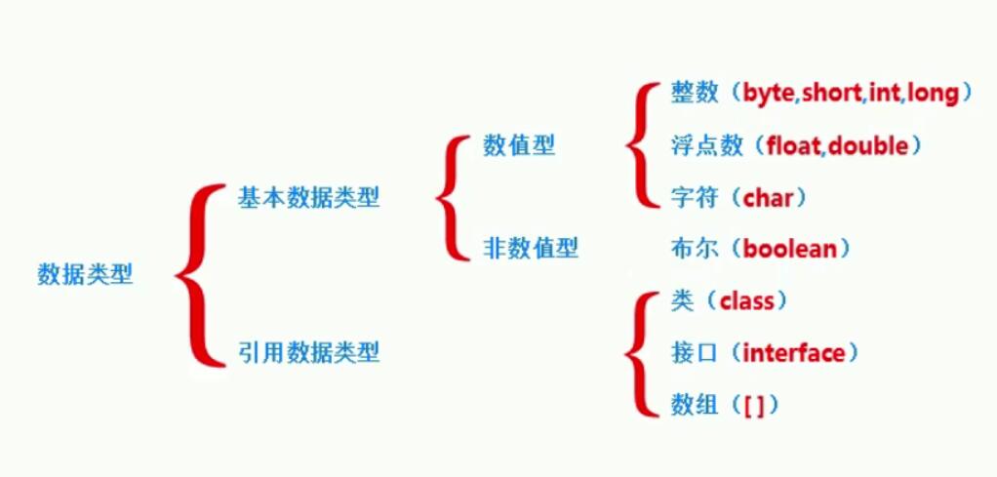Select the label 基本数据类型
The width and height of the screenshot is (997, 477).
pyautogui.click(x=308, y=198)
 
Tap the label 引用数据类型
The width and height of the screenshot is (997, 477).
pyautogui.click(x=308, y=352)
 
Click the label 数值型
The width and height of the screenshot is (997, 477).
pyautogui.click(x=519, y=146)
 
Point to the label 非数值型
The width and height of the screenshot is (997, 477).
pyautogui.click(x=531, y=249)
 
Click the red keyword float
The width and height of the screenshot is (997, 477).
pyautogui.click(x=795, y=146)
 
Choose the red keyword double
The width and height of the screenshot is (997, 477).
pyautogui.click(x=867, y=146)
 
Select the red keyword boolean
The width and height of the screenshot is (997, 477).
pyautogui.click(x=790, y=249)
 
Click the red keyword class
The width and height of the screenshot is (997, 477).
pyautogui.click(x=746, y=301)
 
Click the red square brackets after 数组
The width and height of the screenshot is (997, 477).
pyautogui.click(x=754, y=405)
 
